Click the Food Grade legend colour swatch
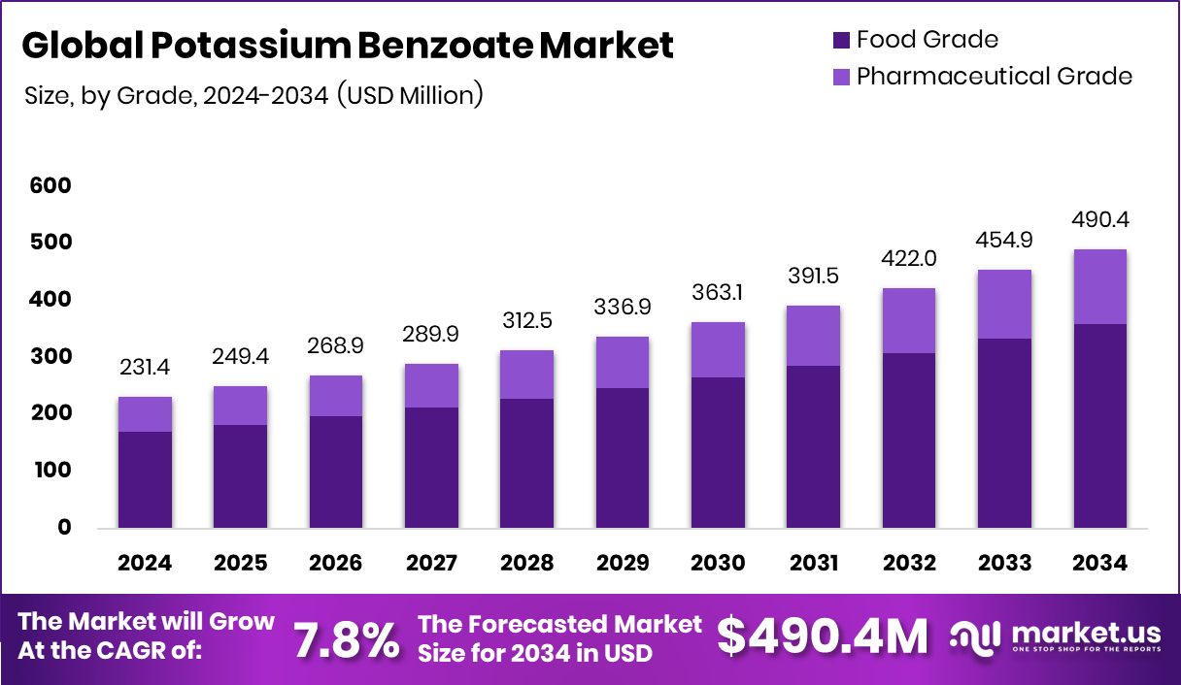840,40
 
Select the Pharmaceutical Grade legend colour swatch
840,76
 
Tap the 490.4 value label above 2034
1100,219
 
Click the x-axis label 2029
623,564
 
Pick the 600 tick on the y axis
50,185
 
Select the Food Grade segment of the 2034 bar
1100,426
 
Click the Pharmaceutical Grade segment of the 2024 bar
145,414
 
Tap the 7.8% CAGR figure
346,639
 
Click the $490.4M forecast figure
822,636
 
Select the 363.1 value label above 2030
719,292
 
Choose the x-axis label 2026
335,564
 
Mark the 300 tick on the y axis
50,356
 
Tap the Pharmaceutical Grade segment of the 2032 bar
910,321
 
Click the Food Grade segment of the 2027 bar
431,468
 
